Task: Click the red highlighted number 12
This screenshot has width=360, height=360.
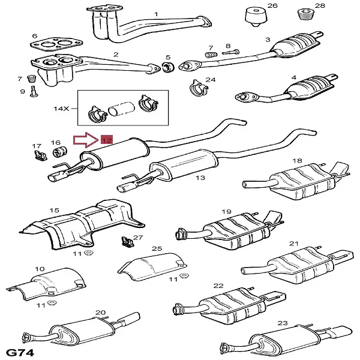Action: (x=107, y=140)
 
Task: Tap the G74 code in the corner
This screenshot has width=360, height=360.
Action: (x=20, y=350)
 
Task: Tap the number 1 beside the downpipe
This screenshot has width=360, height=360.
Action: (x=156, y=14)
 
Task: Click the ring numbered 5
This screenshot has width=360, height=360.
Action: (x=169, y=65)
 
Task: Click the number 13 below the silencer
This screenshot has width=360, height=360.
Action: (x=200, y=178)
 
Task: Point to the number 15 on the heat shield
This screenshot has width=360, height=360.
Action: (x=55, y=210)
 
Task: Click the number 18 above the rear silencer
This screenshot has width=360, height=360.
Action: (x=297, y=161)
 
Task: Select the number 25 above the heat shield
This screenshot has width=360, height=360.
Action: (x=157, y=248)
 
